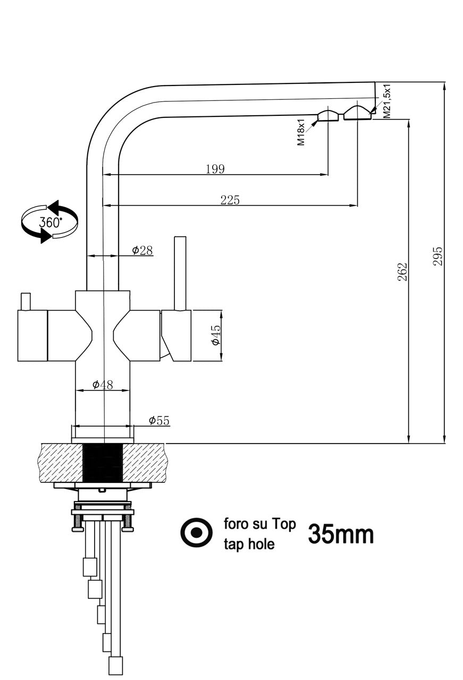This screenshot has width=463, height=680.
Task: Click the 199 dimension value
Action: pos(215,169)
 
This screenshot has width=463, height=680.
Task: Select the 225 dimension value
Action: pos(230,200)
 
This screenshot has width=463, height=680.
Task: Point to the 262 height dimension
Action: pos(402,271)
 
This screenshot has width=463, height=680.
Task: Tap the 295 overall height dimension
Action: pos(438,256)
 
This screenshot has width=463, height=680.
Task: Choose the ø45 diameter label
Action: pos(215,335)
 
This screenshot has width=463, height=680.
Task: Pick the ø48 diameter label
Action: pos(103,385)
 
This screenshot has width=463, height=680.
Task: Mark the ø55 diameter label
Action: pos(159,421)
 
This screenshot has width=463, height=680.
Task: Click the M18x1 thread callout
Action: pos(301,132)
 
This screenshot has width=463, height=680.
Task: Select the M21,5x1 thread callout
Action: pos(387,101)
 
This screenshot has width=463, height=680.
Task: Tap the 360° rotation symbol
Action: pos(49,222)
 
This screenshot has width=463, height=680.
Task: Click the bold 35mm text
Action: pos(341,534)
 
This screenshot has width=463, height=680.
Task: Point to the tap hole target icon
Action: pos(197,532)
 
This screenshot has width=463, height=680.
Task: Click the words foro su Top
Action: pos(259,524)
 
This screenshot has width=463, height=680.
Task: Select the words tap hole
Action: pos(249,544)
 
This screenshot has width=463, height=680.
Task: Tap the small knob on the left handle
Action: pos(25,301)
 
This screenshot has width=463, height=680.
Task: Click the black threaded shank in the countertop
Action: pos(103,463)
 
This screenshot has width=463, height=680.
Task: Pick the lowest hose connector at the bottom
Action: pos(115,665)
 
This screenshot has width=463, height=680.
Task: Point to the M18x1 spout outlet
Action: pos(328,116)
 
